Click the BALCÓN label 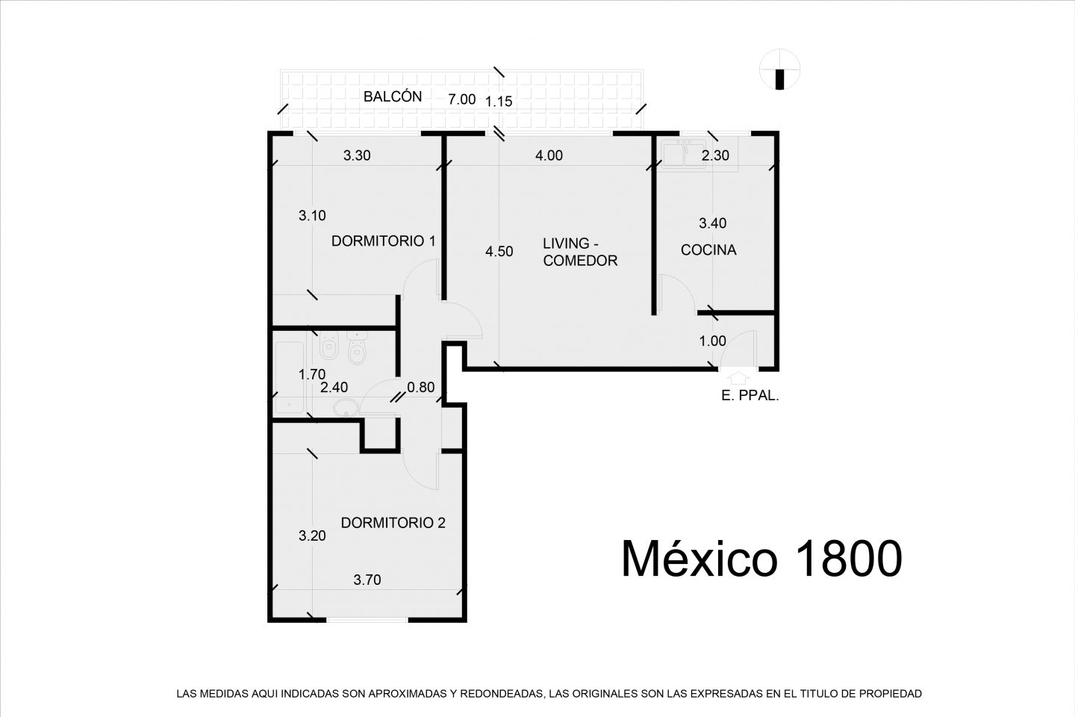click(393, 96)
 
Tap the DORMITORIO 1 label click(384, 241)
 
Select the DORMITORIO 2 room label click(393, 523)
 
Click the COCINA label click(708, 249)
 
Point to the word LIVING click(566, 243)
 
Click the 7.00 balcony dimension click(461, 99)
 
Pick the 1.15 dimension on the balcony click(499, 102)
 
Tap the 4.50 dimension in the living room click(499, 251)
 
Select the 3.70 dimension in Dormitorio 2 click(367, 580)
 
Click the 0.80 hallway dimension click(421, 387)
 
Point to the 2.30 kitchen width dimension click(715, 155)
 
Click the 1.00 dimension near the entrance click(712, 341)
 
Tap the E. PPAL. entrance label click(750, 396)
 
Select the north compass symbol click(780, 69)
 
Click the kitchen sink click(684, 154)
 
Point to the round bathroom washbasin click(346, 409)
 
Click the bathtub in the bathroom click(289, 377)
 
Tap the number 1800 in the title click(848, 559)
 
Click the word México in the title click(699, 558)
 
